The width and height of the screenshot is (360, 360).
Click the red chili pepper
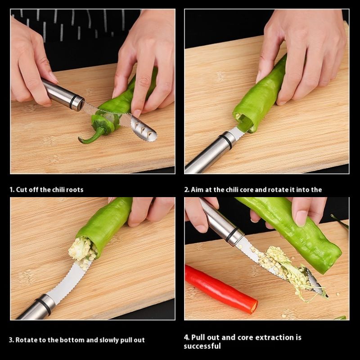tap(220, 289)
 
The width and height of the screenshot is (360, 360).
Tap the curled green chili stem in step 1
tap(92, 136)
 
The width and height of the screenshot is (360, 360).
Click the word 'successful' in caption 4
tap(202, 346)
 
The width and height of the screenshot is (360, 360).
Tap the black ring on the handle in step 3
tap(43, 306)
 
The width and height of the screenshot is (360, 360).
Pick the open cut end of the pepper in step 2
tap(244, 121)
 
